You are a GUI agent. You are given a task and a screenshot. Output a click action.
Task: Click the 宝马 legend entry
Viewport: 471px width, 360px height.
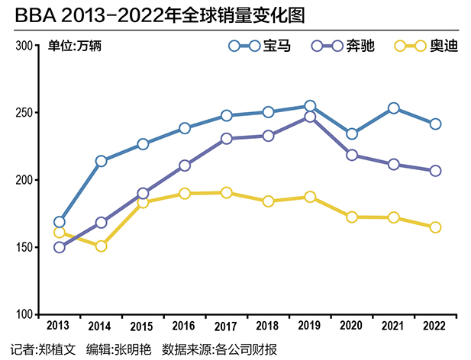point(260,47)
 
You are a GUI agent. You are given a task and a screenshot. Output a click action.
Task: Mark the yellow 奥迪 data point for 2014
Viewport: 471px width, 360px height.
point(101,246)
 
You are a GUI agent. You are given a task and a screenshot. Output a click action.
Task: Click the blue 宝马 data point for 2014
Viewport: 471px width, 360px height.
point(101,161)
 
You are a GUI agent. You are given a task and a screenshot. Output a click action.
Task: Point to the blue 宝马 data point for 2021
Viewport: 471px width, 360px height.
point(393,108)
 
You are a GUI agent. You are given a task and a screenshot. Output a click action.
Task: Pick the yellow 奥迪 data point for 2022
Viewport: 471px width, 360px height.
point(435,227)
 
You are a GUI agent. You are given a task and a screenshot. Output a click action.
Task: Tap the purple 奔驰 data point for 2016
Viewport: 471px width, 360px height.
point(185,166)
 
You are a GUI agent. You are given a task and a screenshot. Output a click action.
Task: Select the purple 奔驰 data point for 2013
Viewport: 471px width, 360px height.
point(60,247)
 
